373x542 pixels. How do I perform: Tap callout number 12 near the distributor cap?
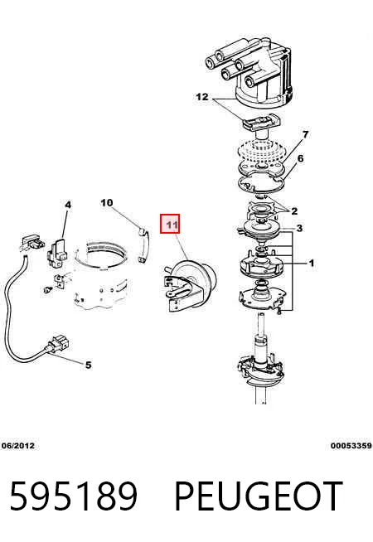coord(202,97)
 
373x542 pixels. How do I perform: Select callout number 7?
coord(305,134)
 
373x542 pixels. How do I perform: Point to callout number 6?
coord(300,158)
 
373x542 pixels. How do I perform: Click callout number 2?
coord(294,211)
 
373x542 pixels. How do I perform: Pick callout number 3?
coord(299,228)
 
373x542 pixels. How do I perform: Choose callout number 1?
coord(312,264)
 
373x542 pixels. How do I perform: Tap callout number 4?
coord(68,205)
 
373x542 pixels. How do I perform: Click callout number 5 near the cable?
coord(89,365)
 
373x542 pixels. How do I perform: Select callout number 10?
coord(107,202)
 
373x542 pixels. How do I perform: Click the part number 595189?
coord(74,496)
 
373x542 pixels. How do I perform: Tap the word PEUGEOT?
coord(259,496)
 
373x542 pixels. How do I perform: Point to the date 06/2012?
coord(18,446)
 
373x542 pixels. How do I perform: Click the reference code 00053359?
coord(351,446)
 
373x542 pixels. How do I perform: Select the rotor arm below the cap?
coord(263,123)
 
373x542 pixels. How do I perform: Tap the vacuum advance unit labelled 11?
coord(189,284)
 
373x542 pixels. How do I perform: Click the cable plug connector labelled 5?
coord(57,344)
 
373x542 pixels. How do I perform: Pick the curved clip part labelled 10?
coord(144,246)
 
